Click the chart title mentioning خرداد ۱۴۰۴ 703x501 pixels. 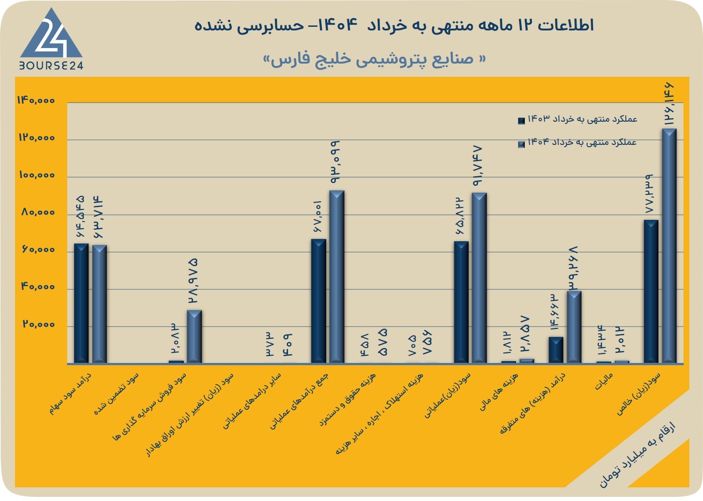(394, 25)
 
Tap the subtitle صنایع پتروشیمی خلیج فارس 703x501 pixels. (374, 60)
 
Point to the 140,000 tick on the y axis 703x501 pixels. (36, 100)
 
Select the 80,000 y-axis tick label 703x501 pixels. (38, 213)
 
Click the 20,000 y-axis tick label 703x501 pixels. (39, 324)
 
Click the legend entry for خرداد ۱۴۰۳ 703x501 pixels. (578, 119)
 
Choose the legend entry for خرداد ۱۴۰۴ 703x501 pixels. (578, 143)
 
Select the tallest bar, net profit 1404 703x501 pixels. (669, 246)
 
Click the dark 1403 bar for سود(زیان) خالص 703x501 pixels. (651, 292)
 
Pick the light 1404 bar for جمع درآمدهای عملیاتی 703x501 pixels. (337, 277)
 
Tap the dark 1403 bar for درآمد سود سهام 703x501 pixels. (81, 303)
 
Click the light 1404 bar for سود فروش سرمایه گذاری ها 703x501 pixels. (194, 337)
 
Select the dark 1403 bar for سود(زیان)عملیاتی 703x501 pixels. (461, 303)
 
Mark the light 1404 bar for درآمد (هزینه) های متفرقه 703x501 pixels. (574, 327)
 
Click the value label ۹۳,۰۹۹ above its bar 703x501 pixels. (335, 162)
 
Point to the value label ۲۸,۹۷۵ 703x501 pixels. (193, 281)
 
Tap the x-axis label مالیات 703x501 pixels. (603, 381)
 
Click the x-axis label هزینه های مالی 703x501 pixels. (499, 392)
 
